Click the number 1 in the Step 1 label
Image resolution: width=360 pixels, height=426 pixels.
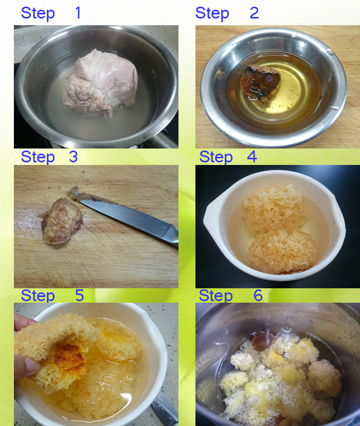pos(78,13)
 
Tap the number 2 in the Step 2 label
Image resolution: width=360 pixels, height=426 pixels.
pos(254,13)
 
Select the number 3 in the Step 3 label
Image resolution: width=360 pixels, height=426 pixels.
pos(73,157)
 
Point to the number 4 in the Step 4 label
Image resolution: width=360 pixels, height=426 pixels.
pos(252,157)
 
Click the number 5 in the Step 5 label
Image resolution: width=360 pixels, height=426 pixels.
pos(79,295)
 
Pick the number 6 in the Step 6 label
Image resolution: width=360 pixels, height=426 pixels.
pos(258,295)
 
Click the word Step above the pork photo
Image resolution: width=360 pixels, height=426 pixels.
pos(38,13)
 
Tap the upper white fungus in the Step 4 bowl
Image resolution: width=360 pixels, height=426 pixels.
pos(273,208)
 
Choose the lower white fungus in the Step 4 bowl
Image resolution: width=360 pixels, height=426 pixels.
pos(282,251)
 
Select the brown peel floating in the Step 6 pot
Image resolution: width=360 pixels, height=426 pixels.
pos(263,340)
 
